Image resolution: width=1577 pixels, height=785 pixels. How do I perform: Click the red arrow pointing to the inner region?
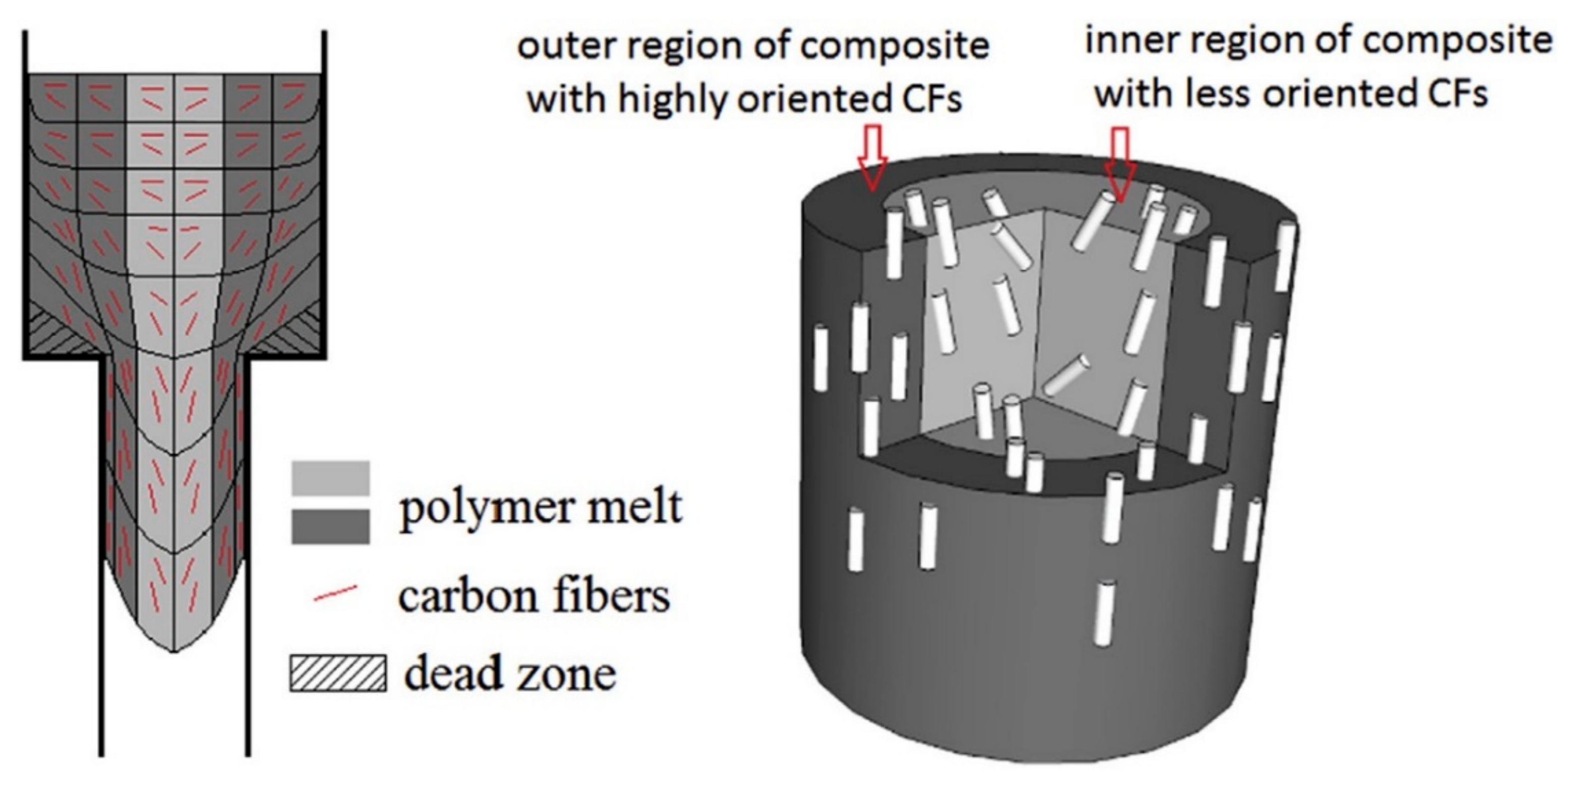[1120, 169]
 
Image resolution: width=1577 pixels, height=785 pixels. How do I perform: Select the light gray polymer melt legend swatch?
[331, 478]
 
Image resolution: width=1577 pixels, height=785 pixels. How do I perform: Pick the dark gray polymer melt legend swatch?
[331, 526]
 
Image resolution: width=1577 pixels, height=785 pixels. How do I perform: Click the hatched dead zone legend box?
[338, 674]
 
